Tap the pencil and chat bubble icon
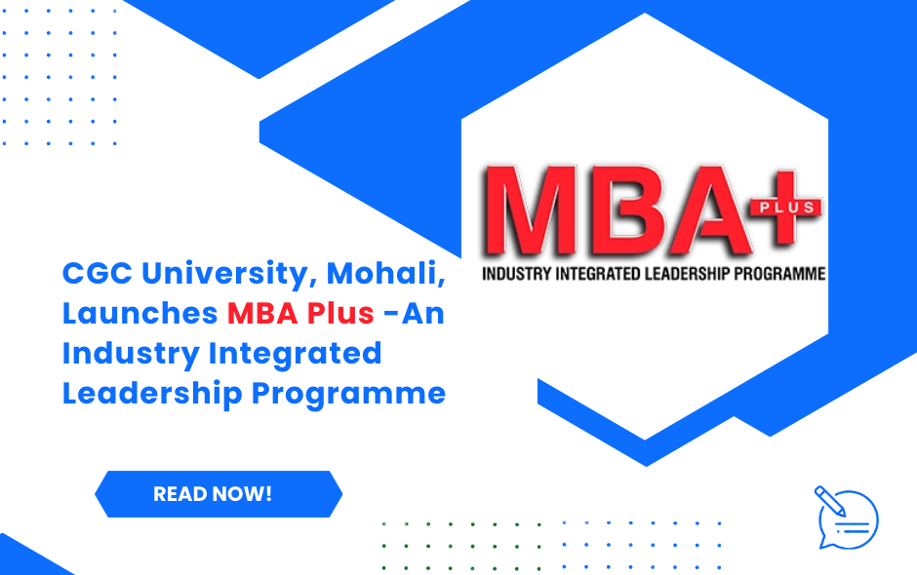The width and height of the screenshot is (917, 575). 845,517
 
